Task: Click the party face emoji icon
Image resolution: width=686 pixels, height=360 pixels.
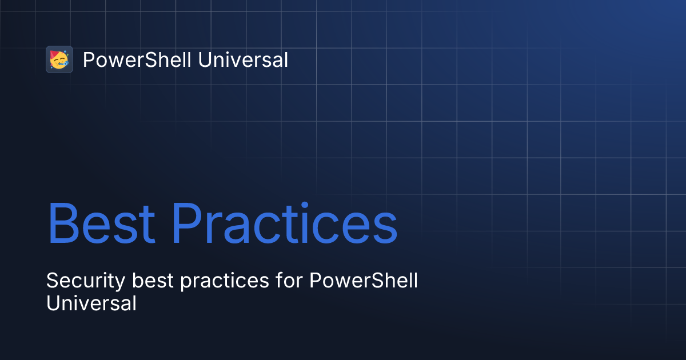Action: (x=59, y=59)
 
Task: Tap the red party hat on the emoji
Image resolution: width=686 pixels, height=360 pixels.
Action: (x=54, y=54)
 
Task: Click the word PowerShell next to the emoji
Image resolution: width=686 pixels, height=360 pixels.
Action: (x=137, y=59)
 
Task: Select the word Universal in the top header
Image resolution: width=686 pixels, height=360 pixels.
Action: (x=243, y=59)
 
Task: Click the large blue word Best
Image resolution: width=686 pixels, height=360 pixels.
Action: (x=101, y=223)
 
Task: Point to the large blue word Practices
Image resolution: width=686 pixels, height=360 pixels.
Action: (x=284, y=223)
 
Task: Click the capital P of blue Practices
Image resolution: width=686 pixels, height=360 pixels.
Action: (x=187, y=223)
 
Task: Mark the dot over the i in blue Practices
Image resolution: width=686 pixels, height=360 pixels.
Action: (x=304, y=205)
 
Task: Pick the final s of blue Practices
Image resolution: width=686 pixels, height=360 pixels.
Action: (x=385, y=229)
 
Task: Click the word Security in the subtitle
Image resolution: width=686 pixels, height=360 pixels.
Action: (x=86, y=281)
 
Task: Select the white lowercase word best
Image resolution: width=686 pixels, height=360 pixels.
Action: (x=153, y=281)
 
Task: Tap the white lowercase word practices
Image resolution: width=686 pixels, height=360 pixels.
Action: (x=225, y=281)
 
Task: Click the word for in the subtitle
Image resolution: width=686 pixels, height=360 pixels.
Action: (x=289, y=280)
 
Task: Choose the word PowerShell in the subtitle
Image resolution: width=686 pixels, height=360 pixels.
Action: (x=364, y=280)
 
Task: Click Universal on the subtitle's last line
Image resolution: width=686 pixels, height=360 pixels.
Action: (x=91, y=303)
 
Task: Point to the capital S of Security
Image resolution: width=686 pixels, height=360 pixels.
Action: (x=53, y=280)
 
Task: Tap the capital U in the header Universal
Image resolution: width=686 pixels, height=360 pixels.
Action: (x=205, y=59)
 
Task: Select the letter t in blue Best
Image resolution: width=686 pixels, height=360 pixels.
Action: (x=147, y=226)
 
